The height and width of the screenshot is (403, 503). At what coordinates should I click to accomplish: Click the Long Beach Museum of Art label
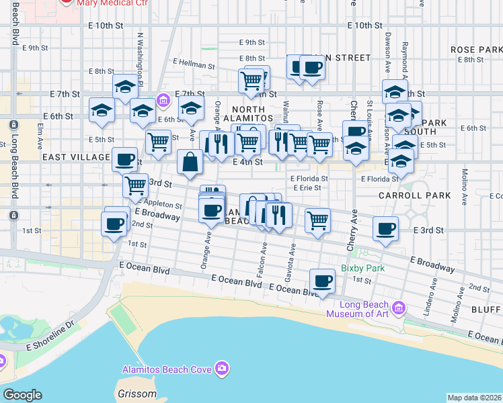[358, 308]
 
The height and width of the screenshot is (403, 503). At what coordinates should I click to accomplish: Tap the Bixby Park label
[362, 268]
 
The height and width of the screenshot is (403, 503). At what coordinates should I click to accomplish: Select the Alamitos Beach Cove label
[167, 369]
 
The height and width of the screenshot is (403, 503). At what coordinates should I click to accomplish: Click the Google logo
[22, 395]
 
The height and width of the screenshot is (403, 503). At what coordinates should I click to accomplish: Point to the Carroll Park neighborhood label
[404, 195]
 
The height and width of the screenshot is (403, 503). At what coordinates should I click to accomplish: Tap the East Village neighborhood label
[75, 157]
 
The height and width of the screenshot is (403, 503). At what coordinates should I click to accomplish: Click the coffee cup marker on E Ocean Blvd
[322, 280]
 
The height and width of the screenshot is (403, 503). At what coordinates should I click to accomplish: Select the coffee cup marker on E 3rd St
[385, 228]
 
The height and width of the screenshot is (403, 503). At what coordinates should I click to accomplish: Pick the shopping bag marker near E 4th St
[190, 162]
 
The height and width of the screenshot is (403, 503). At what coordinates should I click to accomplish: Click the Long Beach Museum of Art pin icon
[398, 308]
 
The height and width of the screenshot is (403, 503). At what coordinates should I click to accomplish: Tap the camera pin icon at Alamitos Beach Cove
[222, 368]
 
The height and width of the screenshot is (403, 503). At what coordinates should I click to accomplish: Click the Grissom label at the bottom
[138, 394]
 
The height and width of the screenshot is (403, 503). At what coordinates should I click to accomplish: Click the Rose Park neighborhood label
[472, 50]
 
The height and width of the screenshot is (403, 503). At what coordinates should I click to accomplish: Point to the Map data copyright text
[474, 398]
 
